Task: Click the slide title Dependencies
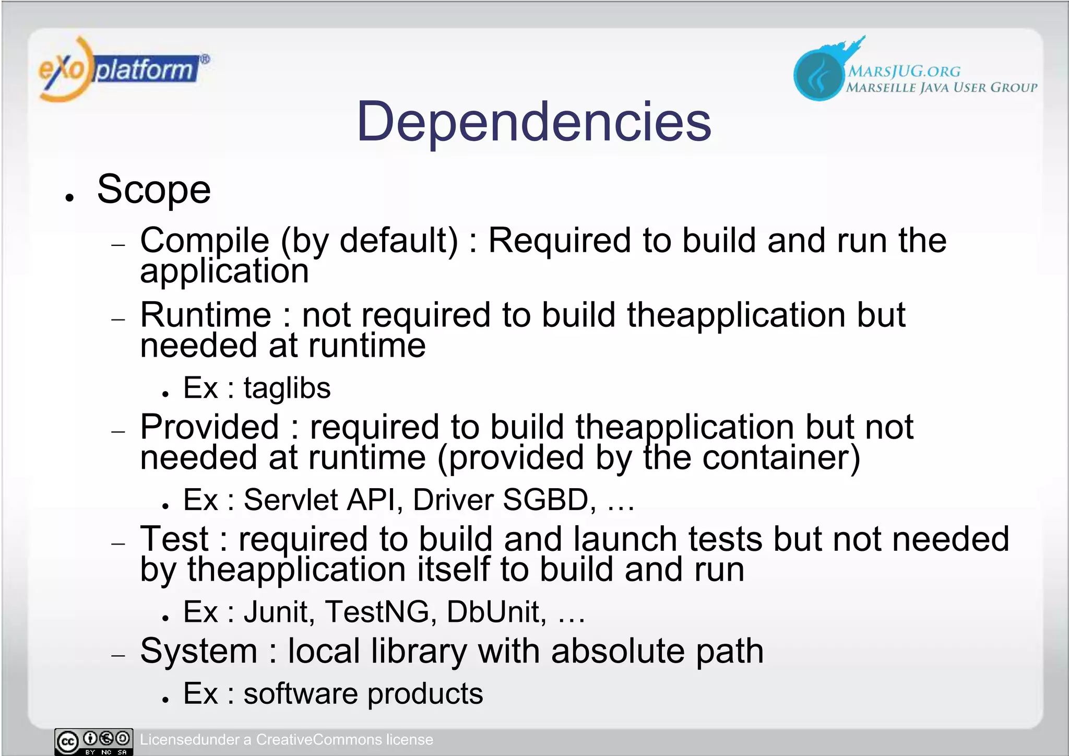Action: [533, 122]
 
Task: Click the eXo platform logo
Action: [123, 69]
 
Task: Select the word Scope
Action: [154, 190]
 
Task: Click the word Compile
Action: [205, 241]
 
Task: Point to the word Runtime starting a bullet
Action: [206, 315]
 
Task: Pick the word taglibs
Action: [287, 388]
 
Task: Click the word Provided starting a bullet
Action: [210, 427]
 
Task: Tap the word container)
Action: [781, 458]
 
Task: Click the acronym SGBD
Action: [545, 500]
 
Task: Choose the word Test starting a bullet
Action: [174, 539]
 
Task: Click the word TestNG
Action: [376, 612]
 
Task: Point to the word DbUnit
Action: [493, 612]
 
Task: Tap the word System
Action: [199, 652]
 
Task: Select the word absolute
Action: [617, 652]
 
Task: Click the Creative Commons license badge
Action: [93, 741]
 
